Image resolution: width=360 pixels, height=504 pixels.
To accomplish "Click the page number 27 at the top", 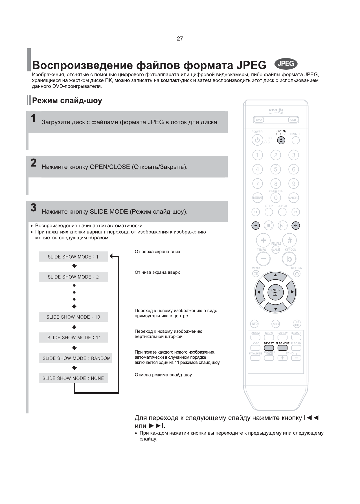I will coord(180,39).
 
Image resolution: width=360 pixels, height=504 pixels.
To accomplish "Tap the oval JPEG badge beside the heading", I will coord(286,64).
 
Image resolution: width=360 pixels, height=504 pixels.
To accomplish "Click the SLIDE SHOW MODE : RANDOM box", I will coord(75,358).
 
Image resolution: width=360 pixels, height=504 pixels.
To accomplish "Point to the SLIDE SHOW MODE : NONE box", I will coord(73,378).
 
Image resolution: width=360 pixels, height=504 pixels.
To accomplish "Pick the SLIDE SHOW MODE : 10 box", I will coord(73,317).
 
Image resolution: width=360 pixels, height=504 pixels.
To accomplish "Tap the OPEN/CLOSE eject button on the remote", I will coord(281,140).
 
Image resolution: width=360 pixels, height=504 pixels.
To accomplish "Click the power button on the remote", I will coord(257,140).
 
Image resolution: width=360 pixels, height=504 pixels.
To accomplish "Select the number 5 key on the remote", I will coord(276,169).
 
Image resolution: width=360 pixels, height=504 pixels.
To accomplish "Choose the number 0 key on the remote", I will coord(276,198).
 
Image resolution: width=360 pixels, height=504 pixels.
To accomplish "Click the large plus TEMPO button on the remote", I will coord(263,240).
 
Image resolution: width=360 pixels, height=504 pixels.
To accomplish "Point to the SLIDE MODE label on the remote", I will coord(282,343).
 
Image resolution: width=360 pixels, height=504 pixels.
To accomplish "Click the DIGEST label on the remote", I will coord(269,343).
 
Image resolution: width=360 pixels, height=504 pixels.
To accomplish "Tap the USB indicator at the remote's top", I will coord(293,120).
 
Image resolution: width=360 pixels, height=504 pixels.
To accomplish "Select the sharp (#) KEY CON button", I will coord(289,240).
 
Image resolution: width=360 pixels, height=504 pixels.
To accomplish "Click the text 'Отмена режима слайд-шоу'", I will coord(163,375).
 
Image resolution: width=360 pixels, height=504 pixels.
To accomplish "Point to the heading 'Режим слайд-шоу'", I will coord(67,101).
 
